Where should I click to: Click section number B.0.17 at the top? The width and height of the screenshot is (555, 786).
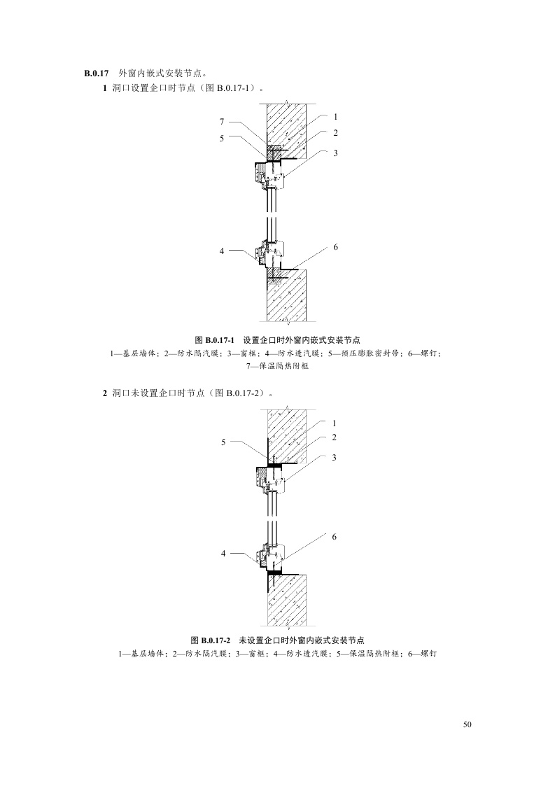[x=94, y=73]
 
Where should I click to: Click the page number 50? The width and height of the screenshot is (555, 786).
[x=468, y=724]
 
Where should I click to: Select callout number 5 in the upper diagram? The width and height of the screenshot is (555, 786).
[x=222, y=139]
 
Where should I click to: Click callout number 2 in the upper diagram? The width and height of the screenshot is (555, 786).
[x=336, y=133]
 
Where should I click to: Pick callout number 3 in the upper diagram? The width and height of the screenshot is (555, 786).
[x=336, y=153]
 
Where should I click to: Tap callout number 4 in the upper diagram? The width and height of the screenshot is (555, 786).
[x=222, y=250]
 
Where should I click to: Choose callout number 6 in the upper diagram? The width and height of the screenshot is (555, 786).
[x=336, y=248]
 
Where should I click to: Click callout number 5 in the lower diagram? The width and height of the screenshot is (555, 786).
[x=224, y=442]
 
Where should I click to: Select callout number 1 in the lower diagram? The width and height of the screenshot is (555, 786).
[x=335, y=423]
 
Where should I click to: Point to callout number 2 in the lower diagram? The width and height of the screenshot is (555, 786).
[x=335, y=437]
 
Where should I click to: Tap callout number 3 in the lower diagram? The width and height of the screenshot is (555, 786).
[x=335, y=457]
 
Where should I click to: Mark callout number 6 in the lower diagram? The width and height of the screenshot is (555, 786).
[x=335, y=536]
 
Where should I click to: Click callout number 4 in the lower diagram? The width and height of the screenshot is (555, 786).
[x=224, y=553]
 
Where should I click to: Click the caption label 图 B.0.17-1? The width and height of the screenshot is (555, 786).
[x=217, y=340]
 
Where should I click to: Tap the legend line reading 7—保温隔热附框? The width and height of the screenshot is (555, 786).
[x=279, y=365]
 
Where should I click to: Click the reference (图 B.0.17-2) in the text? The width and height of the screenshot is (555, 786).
[x=234, y=395]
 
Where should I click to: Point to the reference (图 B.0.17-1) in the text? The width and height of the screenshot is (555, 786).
[x=230, y=89]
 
